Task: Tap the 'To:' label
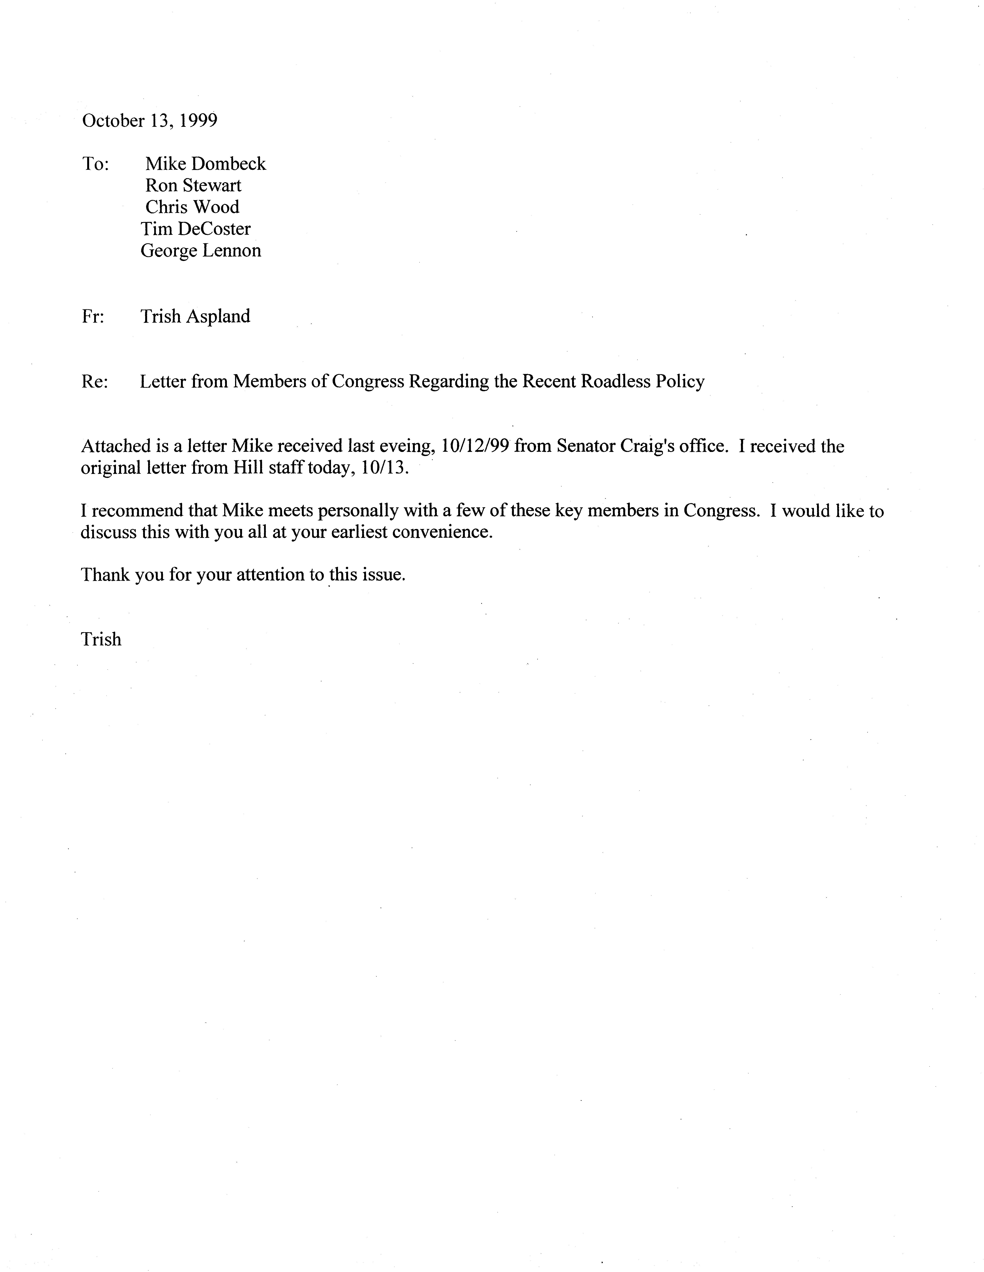pos(96,164)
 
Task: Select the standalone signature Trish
pos(101,639)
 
